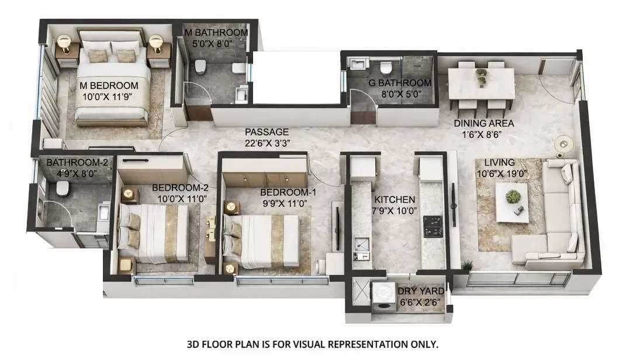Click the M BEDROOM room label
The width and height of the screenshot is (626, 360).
[109, 86]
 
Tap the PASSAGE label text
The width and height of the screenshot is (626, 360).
[267, 132]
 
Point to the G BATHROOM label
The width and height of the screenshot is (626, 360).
[400, 83]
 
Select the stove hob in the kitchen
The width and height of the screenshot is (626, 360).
[433, 227]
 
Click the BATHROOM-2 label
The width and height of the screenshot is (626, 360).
[70, 162]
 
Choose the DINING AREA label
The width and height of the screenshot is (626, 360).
[485, 123]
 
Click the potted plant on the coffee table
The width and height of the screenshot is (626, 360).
[513, 196]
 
